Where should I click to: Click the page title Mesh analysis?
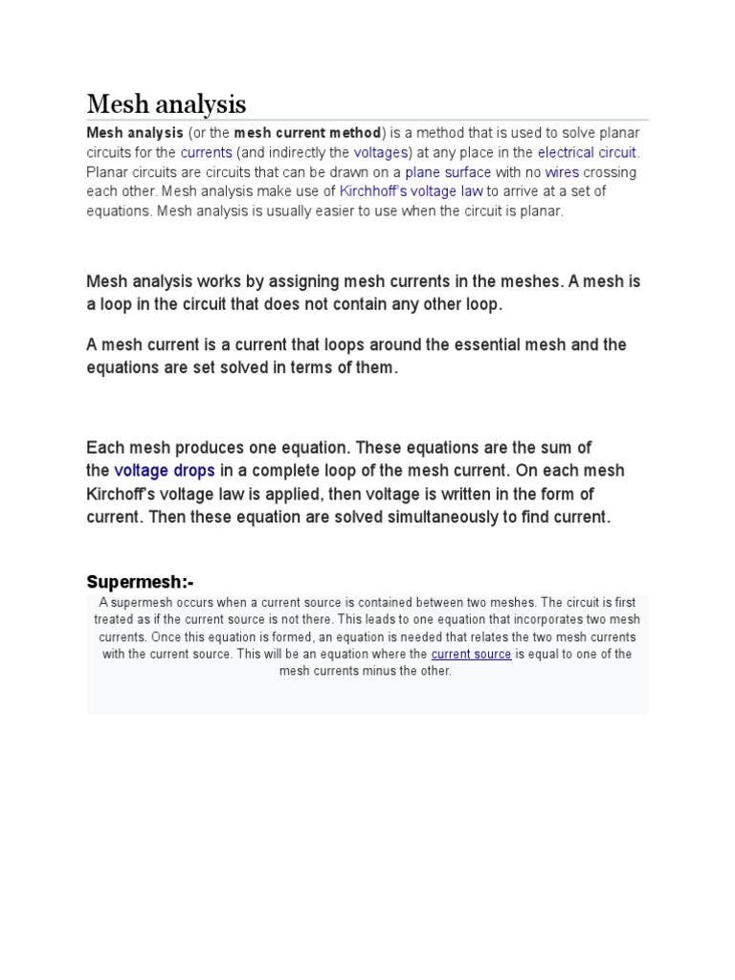tap(167, 103)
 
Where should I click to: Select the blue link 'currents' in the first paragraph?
tap(206, 152)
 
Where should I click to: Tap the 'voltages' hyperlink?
tap(381, 152)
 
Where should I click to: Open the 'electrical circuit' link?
tap(587, 152)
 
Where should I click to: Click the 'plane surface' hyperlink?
tap(448, 172)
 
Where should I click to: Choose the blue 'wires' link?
tap(562, 172)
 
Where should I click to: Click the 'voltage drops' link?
tap(165, 471)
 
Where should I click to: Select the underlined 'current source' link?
tap(471, 655)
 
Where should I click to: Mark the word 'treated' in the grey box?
tap(115, 619)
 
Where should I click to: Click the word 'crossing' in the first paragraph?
tap(610, 172)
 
